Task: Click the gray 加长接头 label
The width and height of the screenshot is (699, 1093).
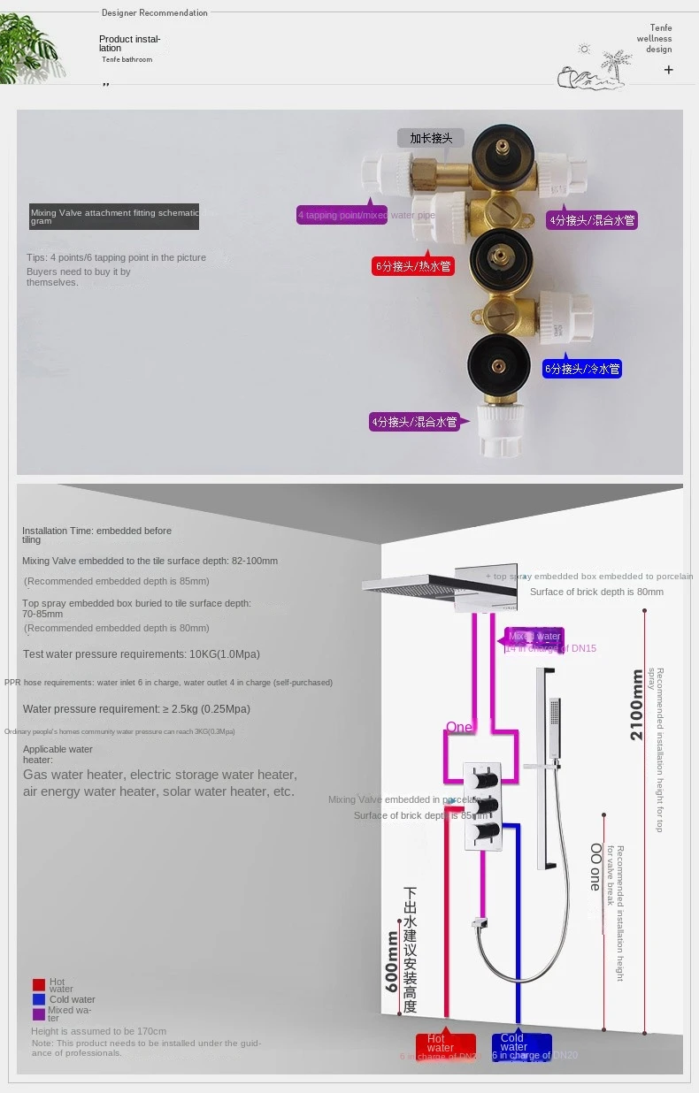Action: [x=431, y=137]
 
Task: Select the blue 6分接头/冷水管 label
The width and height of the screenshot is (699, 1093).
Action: [x=582, y=368]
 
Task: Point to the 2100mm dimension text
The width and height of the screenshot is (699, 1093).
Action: [x=637, y=705]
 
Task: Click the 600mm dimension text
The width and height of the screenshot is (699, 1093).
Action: [x=392, y=960]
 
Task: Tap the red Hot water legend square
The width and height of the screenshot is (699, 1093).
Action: [x=38, y=984]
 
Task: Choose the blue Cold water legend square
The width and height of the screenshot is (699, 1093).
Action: [x=38, y=999]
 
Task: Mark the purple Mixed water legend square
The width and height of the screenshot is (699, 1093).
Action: [x=38, y=1013]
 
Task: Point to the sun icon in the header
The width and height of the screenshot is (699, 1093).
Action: [x=584, y=50]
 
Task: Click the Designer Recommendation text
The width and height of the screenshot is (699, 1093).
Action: [x=155, y=13]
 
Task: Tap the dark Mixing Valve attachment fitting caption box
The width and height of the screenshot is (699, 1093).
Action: [x=113, y=217]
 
